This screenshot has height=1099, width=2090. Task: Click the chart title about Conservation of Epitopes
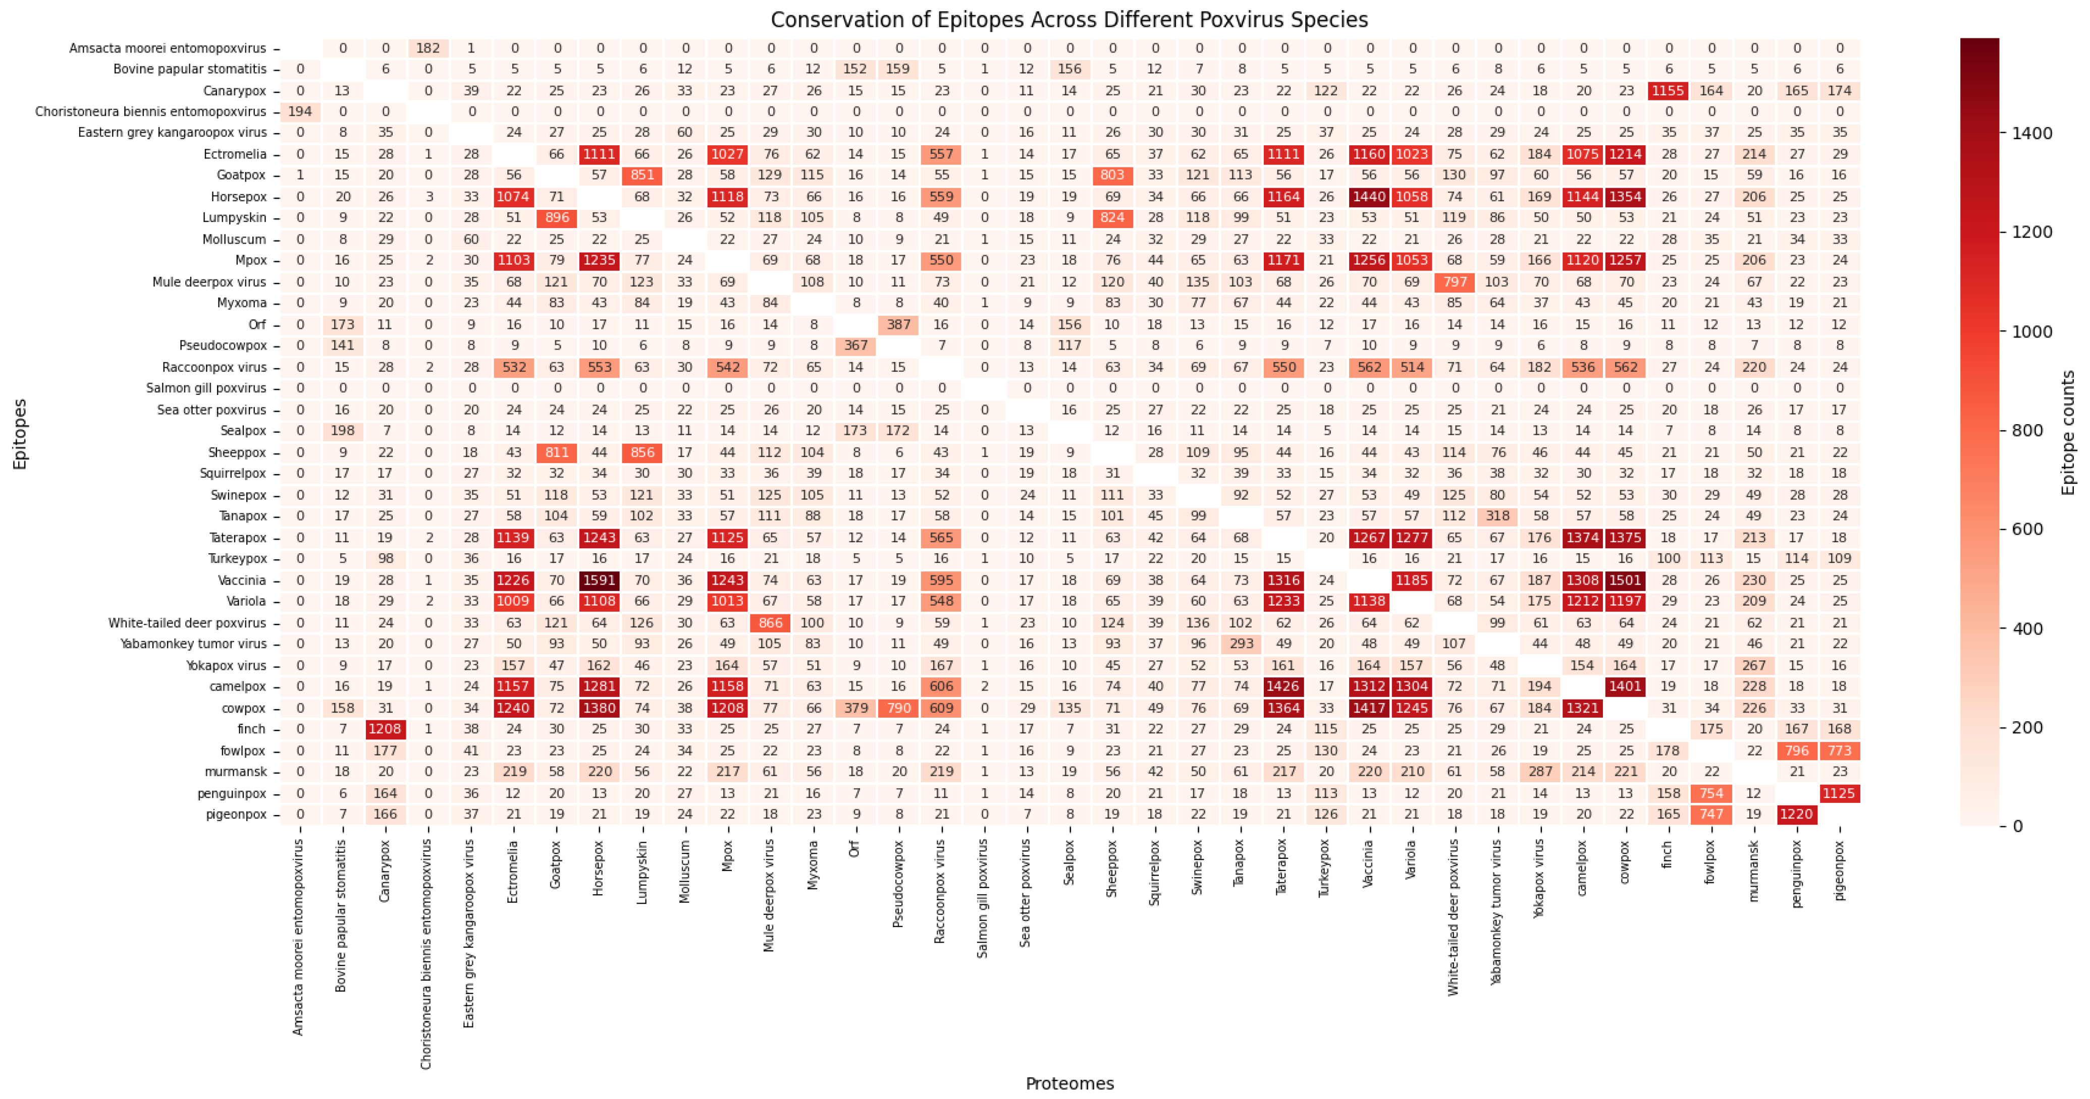1069,20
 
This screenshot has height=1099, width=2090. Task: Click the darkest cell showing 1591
600,580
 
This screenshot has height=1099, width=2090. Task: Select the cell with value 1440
1369,196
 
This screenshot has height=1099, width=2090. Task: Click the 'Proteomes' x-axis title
1069,1083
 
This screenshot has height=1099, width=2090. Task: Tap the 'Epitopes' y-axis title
20,434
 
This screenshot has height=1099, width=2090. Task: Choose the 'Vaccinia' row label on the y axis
242,580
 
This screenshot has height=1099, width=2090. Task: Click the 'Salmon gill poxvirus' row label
206,388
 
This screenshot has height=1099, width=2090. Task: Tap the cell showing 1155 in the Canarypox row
1668,91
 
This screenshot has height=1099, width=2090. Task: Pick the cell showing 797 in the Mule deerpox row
1454,281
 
